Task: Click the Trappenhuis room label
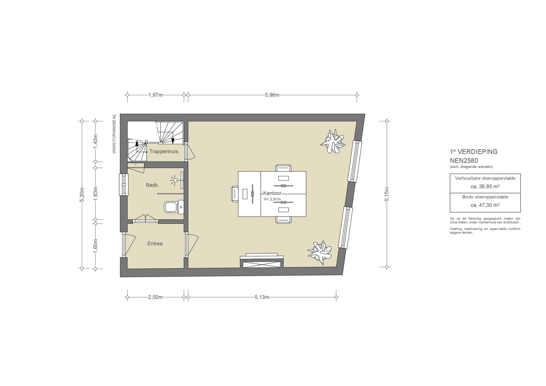pyautogui.click(x=164, y=151)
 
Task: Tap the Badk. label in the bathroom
pyautogui.click(x=152, y=185)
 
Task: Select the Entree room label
pyautogui.click(x=155, y=243)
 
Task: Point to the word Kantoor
pyautogui.click(x=272, y=193)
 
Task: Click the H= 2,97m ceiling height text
pyautogui.click(x=272, y=199)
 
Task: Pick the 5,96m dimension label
pyautogui.click(x=272, y=95)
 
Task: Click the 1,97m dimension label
pyautogui.click(x=155, y=95)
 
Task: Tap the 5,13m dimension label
pyautogui.click(x=262, y=297)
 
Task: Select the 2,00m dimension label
pyautogui.click(x=155, y=297)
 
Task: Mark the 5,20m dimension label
pyautogui.click(x=82, y=195)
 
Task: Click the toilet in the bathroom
pyautogui.click(x=174, y=207)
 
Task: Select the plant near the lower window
pyautogui.click(x=320, y=252)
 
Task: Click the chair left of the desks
pyautogui.click(x=235, y=194)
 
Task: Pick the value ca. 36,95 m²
pyautogui.click(x=485, y=186)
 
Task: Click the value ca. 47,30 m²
pyautogui.click(x=485, y=205)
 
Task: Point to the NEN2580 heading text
pyautogui.click(x=464, y=160)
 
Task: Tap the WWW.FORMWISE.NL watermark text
pyautogui.click(x=114, y=134)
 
